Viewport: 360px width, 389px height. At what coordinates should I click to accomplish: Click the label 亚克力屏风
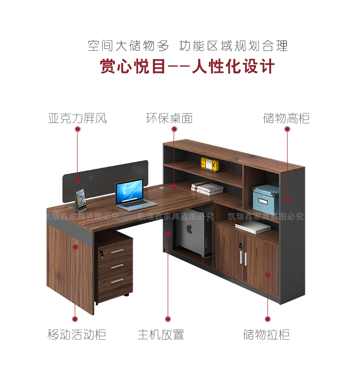tap(77, 119)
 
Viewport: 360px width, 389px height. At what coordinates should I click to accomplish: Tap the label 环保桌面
tap(169, 119)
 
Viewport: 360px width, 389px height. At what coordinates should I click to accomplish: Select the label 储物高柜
tap(286, 119)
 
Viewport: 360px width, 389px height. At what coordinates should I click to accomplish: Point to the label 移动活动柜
tap(77, 335)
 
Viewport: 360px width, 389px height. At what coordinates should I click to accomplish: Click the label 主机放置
tap(161, 335)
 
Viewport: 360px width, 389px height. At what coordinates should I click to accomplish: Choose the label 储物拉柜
tap(266, 335)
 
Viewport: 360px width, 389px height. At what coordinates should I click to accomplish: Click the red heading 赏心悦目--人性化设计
tap(187, 67)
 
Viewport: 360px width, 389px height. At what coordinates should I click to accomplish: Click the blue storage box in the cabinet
tap(266, 199)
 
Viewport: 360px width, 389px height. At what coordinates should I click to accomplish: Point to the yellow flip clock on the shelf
tap(210, 164)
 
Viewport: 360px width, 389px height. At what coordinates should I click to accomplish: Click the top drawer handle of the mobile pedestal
tap(117, 251)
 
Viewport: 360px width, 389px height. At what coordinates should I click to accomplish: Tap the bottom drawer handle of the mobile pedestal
tap(117, 281)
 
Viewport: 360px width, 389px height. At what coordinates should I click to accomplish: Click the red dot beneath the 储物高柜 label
tap(287, 129)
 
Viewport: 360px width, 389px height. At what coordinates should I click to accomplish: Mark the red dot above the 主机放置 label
tap(168, 319)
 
